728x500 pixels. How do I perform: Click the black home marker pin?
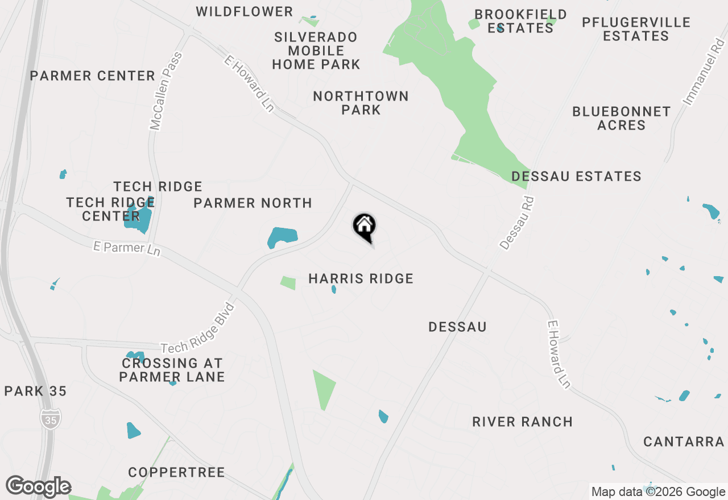coord(364,226)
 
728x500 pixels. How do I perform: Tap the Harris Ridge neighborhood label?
coord(361,278)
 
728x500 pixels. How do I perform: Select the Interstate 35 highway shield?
coord(50,419)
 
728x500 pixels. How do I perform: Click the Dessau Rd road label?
coord(518,223)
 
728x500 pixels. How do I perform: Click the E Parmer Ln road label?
coord(127,248)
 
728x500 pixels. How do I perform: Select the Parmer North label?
coord(253,203)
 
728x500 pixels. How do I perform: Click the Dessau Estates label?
coord(576,177)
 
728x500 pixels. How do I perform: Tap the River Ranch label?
coord(522,422)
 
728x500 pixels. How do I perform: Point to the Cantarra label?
coord(684,441)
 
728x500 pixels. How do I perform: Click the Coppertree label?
coord(176,472)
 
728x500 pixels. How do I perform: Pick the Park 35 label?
coord(35,391)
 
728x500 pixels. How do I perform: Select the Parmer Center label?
coord(93,76)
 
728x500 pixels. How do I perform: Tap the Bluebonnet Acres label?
coord(621,118)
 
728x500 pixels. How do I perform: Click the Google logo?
coord(38,487)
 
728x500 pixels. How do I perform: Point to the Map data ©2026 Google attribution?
coord(658,492)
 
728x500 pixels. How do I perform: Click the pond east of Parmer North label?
coord(283,237)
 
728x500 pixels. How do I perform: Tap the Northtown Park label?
coord(361,103)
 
